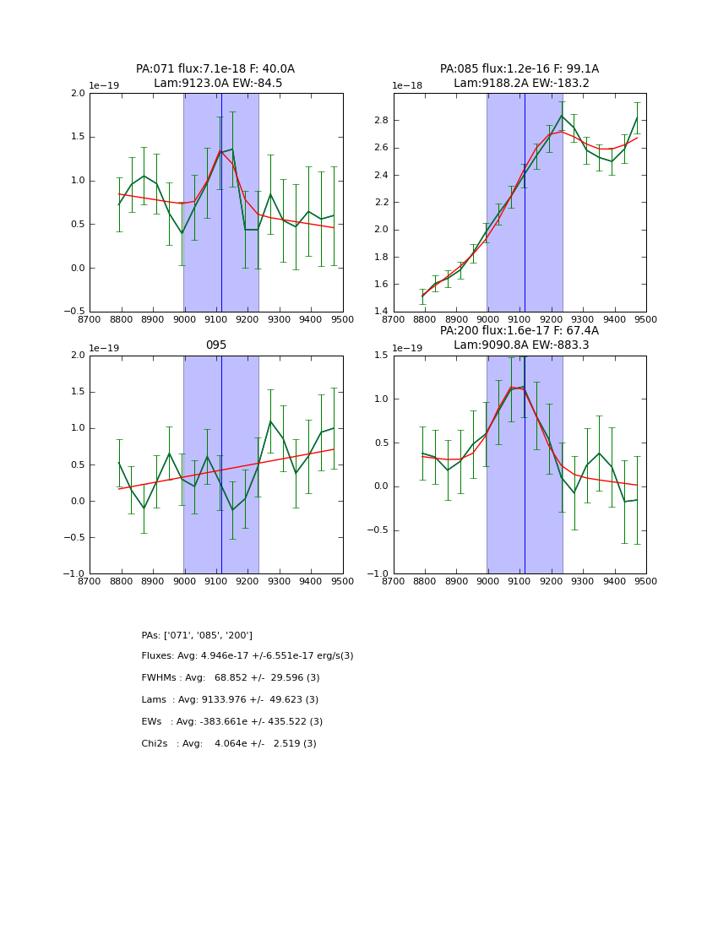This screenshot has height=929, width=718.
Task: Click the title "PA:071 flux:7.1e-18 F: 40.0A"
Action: [215, 69]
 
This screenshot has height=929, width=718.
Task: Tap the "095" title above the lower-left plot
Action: [216, 345]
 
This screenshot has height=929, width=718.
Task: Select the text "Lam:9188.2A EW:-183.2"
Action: [519, 84]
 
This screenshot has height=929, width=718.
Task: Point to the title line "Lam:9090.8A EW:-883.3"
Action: [519, 345]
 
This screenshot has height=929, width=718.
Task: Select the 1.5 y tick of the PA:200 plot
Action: [382, 356]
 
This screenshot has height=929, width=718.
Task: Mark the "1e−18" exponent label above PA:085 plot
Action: [406, 86]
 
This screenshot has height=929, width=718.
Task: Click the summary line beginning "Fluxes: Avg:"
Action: [247, 656]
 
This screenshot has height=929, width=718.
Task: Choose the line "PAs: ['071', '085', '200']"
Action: [197, 636]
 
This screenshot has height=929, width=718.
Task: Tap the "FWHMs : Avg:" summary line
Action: [231, 678]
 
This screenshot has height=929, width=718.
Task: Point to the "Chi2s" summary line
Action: [229, 744]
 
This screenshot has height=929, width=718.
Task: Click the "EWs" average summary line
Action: [232, 722]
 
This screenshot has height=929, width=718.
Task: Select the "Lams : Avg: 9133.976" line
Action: [230, 700]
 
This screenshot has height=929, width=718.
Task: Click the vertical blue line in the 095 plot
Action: [221, 465]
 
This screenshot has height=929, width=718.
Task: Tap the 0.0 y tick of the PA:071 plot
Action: [78, 269]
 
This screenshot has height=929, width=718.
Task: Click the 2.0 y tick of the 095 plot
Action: [78, 356]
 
